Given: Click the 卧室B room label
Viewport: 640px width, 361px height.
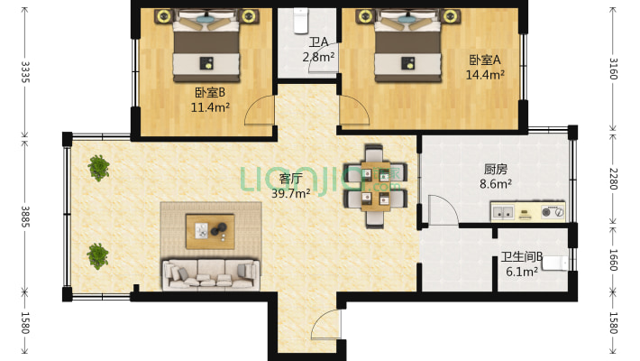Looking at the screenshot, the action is point(210,92).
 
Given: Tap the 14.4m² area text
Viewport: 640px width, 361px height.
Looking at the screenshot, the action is point(485,75).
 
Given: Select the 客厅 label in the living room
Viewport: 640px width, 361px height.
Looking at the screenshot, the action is point(290,179).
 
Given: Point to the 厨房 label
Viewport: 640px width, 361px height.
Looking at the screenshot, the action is point(496,169).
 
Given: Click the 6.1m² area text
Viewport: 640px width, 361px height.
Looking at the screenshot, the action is point(522,272).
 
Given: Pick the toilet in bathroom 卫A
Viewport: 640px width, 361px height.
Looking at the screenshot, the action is point(301,21).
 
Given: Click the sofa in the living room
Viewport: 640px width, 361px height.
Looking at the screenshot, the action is point(211,274).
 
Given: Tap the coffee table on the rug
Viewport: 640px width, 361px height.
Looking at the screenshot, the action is point(210,231).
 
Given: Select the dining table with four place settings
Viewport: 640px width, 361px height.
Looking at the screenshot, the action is point(376,187).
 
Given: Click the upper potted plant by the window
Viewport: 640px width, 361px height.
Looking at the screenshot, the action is point(98,168).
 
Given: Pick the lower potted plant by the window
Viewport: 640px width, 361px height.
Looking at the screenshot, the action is point(98,256).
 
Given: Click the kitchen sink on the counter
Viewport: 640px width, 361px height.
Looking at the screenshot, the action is point(503,212).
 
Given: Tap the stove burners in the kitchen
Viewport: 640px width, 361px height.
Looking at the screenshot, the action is point(553,212).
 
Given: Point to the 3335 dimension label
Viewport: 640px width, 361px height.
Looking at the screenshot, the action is point(25,72).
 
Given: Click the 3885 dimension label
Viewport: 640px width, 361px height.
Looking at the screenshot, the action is point(25,217).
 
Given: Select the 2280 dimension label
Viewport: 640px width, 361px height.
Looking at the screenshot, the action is point(614,179).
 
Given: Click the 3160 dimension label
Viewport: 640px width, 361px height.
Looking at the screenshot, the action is point(614,69).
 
